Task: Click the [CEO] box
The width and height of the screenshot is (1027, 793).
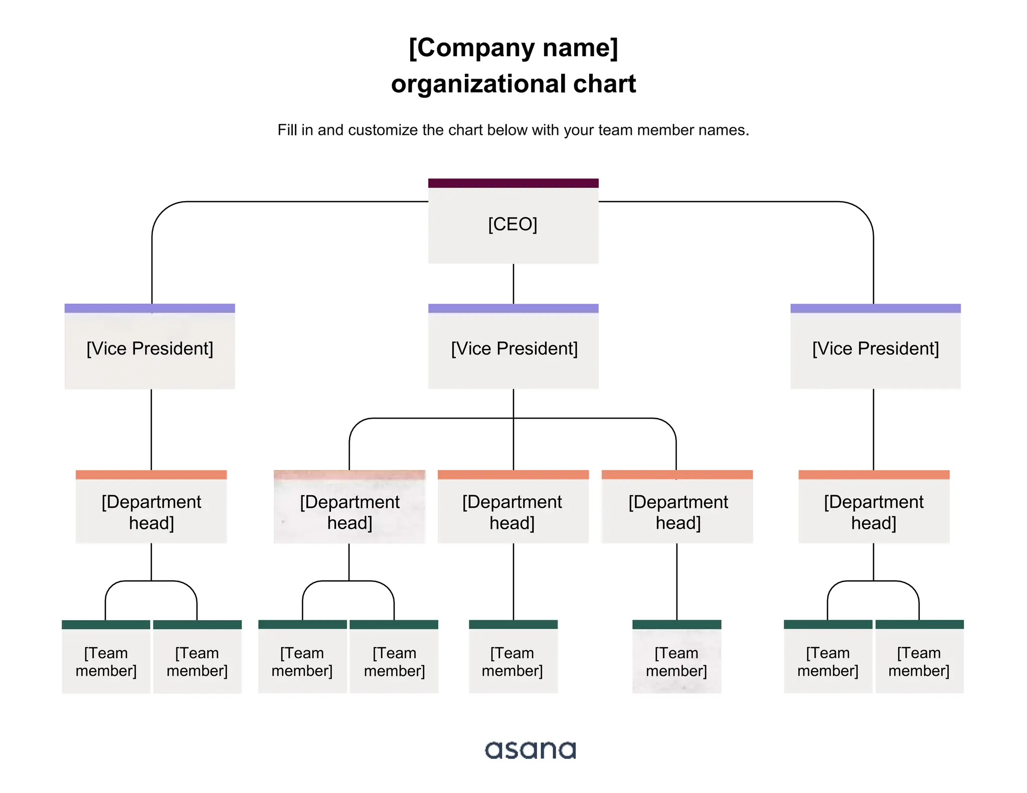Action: (x=513, y=224)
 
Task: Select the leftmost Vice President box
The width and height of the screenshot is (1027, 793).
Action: (x=149, y=349)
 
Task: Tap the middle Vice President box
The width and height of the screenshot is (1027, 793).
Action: (x=513, y=349)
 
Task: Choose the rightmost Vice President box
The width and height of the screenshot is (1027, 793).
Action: (x=875, y=349)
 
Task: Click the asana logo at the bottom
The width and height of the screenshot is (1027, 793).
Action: (x=530, y=750)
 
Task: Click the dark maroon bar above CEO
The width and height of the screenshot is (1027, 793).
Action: (x=513, y=183)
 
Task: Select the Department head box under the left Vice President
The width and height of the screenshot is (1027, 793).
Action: (x=151, y=511)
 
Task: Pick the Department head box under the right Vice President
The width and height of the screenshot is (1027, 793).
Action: (x=874, y=511)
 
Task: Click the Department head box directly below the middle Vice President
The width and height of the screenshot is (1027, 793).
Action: (x=512, y=511)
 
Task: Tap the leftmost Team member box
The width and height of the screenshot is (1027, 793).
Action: (x=106, y=661)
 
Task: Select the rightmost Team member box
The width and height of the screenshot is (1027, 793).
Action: (x=919, y=661)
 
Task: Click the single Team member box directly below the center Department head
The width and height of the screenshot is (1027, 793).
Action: (x=513, y=661)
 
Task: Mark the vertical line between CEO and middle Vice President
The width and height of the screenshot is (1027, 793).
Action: (x=513, y=283)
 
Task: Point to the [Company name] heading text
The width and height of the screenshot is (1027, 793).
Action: (x=513, y=48)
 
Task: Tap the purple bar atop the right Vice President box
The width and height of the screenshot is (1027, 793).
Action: (x=875, y=308)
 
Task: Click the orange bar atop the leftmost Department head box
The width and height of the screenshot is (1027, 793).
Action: (x=151, y=475)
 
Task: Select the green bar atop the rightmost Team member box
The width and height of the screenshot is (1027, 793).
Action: (x=919, y=625)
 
